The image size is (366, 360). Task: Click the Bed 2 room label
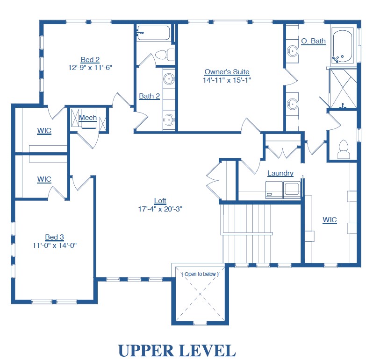pos(90,60)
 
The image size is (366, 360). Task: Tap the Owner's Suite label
pos(227,72)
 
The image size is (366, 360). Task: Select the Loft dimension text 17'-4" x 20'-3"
pos(160,209)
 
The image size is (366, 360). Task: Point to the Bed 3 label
pos(54,237)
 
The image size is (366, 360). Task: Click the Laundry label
pos(280,173)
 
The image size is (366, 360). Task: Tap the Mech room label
pos(88,118)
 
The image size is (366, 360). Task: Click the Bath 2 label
pos(150,96)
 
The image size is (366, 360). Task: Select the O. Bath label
pos(313,41)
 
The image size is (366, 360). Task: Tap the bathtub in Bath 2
pos(153,33)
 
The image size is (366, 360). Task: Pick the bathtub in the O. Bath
pos(343,46)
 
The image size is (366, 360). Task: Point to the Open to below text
pos(200,274)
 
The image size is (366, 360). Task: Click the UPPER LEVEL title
pos(177,351)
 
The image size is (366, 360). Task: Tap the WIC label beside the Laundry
pos(330,220)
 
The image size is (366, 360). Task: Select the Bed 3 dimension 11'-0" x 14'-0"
pos(55,245)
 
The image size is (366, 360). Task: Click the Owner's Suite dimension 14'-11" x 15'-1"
pos(227,80)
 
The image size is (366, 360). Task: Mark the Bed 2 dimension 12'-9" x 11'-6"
pos(90,68)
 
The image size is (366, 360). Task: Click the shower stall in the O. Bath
pos(343,88)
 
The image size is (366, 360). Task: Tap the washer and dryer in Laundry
pos(283,190)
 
